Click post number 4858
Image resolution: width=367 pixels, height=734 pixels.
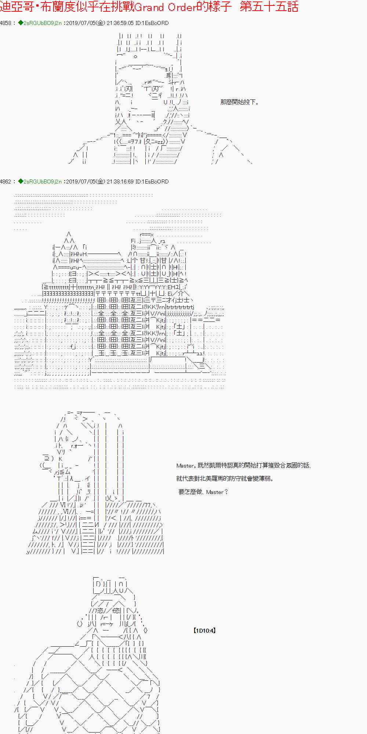[6, 23]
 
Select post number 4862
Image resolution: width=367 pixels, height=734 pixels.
[6, 182]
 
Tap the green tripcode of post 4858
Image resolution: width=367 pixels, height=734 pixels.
[40, 23]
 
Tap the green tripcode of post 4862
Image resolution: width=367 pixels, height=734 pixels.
[40, 182]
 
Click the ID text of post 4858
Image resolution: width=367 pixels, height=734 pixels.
[152, 23]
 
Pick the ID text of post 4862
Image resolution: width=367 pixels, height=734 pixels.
[152, 182]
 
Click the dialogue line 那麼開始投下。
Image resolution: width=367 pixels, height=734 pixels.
[240, 102]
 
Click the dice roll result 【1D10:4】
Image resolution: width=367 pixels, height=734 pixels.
[204, 631]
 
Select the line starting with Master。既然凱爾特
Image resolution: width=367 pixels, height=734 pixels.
[244, 466]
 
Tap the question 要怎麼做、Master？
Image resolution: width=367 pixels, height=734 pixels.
[203, 492]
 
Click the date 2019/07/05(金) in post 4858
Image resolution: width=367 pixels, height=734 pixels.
[86, 23]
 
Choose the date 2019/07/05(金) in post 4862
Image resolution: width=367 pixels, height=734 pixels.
[86, 182]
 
